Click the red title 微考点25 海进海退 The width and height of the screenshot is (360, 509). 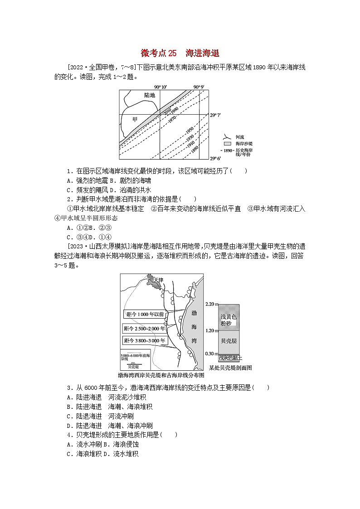[x=180, y=53]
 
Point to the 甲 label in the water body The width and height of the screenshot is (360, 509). [x=134, y=119]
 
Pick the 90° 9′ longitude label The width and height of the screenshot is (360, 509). [x=199, y=87]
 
